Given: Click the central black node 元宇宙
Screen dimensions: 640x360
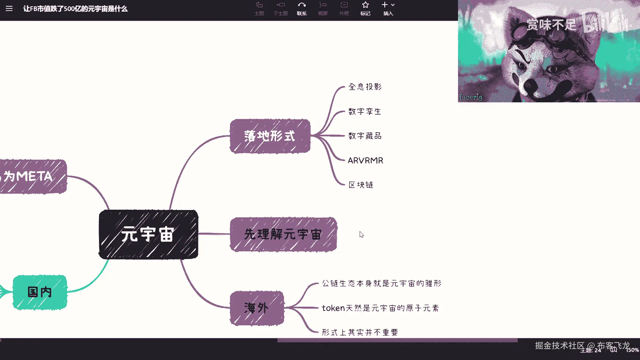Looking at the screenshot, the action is (x=148, y=234).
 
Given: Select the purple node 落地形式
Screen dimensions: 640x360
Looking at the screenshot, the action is (x=270, y=136).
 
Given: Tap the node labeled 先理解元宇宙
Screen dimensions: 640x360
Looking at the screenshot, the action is (x=283, y=234).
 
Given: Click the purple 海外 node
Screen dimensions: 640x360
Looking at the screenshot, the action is (x=257, y=308).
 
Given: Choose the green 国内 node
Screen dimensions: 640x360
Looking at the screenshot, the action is (x=40, y=292).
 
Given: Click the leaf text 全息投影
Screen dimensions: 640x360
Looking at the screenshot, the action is (x=365, y=87).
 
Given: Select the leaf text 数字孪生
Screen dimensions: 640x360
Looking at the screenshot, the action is (x=365, y=112).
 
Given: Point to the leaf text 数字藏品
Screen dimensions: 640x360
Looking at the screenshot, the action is (x=365, y=136).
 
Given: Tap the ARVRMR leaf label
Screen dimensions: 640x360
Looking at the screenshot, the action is (x=365, y=161).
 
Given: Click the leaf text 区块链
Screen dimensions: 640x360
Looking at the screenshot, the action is (x=361, y=185).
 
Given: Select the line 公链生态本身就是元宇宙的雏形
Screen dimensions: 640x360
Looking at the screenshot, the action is (x=382, y=284).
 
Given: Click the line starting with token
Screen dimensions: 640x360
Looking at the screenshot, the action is (x=380, y=308).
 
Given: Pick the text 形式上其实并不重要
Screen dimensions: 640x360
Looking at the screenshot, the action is (x=360, y=332).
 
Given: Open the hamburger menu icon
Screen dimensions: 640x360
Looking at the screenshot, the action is (x=9, y=9).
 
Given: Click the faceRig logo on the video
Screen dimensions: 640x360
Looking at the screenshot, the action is (x=471, y=97).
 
